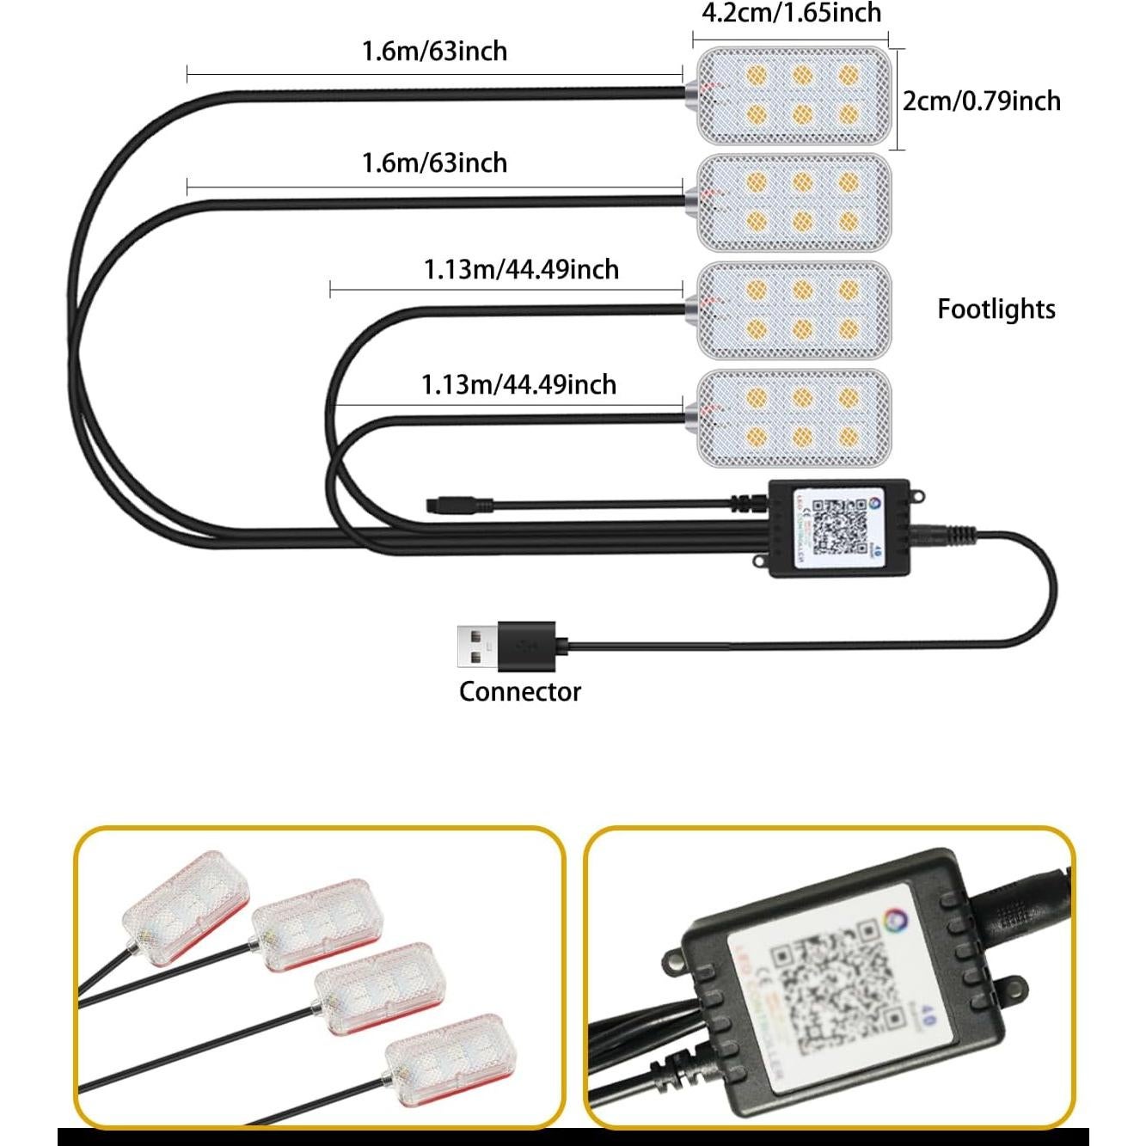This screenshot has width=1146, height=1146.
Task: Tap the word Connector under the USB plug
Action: (x=519, y=692)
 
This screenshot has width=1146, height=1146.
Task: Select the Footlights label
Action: (x=996, y=309)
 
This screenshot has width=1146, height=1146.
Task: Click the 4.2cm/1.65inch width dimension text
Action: (x=791, y=13)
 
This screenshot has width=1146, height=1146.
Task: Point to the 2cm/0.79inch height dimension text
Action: (x=981, y=101)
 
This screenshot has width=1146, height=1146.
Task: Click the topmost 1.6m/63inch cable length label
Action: (x=434, y=52)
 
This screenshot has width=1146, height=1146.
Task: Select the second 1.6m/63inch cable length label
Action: (x=434, y=162)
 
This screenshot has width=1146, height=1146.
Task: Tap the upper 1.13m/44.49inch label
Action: (x=521, y=270)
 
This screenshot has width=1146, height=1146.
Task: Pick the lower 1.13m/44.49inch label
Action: (x=518, y=384)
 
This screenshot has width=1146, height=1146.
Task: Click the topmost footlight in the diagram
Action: (x=793, y=95)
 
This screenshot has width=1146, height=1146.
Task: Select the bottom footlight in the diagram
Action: (x=793, y=418)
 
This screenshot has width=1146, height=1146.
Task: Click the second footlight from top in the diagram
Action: (x=793, y=202)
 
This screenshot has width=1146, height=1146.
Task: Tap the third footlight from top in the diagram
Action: (x=793, y=309)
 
